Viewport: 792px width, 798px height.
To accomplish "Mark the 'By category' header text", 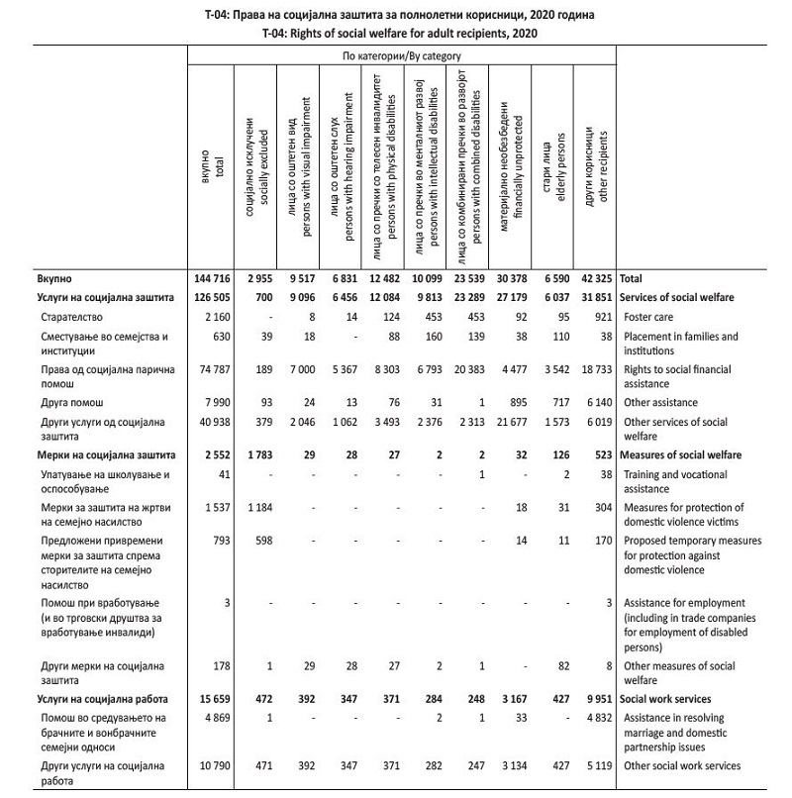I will pyautogui.click(x=402, y=56).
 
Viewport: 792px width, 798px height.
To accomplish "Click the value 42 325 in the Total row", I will pyautogui.click(x=594, y=279).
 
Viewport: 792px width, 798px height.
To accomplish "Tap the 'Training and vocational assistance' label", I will pyautogui.click(x=680, y=481).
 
